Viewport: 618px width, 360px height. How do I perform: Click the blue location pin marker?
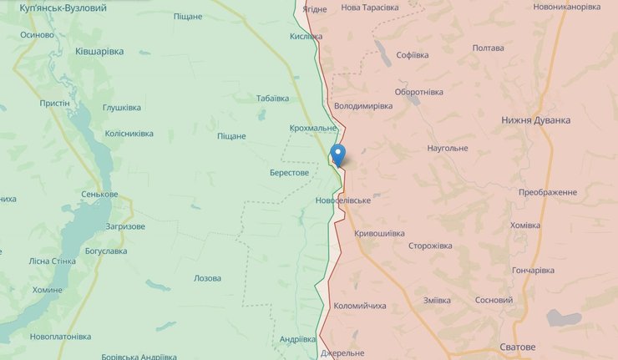tap(337, 155)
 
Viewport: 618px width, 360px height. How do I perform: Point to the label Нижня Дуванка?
tap(536, 120)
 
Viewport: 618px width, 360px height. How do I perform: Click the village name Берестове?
tap(289, 173)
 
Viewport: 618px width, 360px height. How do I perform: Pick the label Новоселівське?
tap(343, 201)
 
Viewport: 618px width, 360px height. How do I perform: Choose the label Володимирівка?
tap(362, 107)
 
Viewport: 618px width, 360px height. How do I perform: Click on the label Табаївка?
tap(272, 98)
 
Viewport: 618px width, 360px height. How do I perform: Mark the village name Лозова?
tap(207, 278)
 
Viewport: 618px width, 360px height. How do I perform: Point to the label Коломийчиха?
tap(360, 306)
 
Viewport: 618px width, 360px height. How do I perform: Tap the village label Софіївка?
tap(413, 55)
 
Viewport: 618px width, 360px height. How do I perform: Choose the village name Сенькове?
tap(99, 195)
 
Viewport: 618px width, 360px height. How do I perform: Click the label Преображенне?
tap(547, 192)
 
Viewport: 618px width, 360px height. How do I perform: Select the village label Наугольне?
tap(447, 148)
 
